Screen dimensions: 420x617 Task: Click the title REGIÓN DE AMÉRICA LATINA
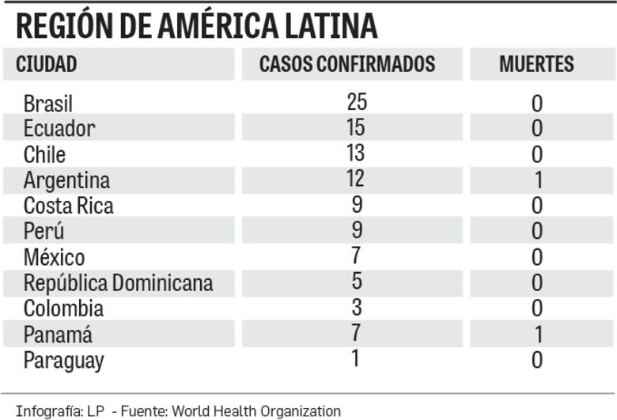coord(196,25)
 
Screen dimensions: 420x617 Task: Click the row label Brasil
coord(48,104)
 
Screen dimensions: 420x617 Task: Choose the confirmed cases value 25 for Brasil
coord(357,101)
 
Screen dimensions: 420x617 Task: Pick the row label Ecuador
coord(59,128)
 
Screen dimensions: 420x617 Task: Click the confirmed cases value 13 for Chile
coord(357,152)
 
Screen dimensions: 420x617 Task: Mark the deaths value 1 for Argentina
coord(537,180)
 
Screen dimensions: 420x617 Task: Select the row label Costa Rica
coord(68,206)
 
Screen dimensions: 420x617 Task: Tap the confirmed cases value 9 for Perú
coord(357,229)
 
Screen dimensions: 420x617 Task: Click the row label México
coord(54,257)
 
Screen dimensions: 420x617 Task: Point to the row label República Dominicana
coord(118,282)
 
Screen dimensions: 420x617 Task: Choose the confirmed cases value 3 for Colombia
coord(357,306)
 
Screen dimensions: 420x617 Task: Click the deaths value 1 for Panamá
coord(537,335)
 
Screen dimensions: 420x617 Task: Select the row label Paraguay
coord(63,361)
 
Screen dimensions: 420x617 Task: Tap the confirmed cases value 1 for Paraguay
coord(357,358)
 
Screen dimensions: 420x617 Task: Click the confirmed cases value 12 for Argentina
coord(357,178)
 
